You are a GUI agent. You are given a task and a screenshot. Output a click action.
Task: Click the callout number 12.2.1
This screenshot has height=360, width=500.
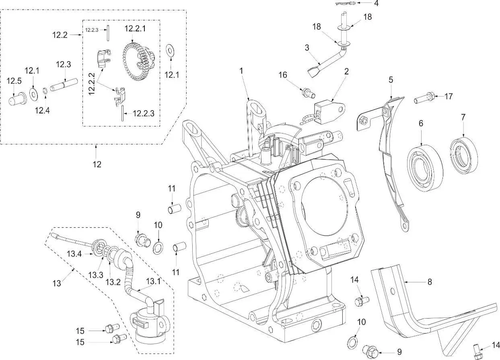(136, 29)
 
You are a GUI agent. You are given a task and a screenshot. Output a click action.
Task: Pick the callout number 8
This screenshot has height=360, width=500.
(430, 282)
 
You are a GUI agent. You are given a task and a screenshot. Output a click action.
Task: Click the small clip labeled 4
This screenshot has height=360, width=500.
(344, 4)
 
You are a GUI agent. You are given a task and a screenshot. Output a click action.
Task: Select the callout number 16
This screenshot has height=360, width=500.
(294, 75)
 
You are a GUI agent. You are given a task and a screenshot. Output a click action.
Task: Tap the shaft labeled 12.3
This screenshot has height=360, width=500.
(65, 86)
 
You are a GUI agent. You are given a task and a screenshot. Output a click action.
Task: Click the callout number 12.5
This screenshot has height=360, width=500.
(13, 81)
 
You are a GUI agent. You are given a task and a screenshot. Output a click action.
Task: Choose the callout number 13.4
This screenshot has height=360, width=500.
(74, 254)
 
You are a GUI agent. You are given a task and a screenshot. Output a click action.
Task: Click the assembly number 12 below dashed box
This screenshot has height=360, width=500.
(97, 164)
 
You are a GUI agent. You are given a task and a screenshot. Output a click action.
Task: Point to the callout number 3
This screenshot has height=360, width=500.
(307, 47)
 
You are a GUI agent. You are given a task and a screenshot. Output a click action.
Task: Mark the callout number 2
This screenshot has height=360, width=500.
(346, 72)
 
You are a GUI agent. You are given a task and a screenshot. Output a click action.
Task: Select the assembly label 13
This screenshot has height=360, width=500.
(56, 283)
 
